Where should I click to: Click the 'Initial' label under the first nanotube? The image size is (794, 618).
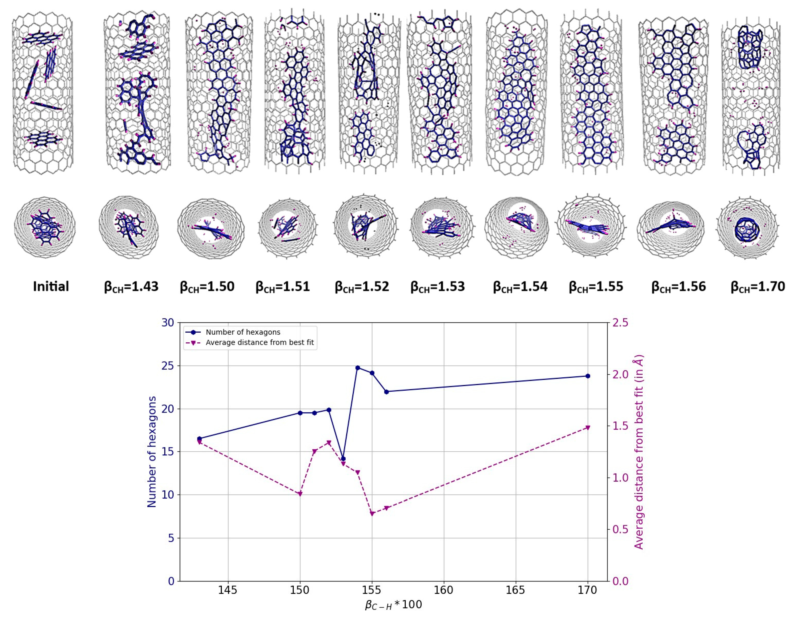pyautogui.click(x=51, y=286)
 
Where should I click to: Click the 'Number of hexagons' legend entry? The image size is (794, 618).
pyautogui.click(x=243, y=332)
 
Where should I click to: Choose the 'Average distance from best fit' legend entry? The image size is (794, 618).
pyautogui.click(x=260, y=342)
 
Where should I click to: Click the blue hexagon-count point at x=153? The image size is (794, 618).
pyautogui.click(x=343, y=459)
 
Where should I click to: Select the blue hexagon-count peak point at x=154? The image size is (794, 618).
pyautogui.click(x=358, y=368)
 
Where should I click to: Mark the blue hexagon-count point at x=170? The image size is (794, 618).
pyautogui.click(x=588, y=376)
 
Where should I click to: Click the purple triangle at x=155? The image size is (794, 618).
pyautogui.click(x=372, y=514)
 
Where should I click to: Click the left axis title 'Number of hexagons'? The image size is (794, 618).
pyautogui.click(x=152, y=452)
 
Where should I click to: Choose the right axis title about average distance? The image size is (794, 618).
pyautogui.click(x=638, y=452)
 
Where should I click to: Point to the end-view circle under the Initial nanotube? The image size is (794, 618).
pyautogui.click(x=45, y=228)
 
